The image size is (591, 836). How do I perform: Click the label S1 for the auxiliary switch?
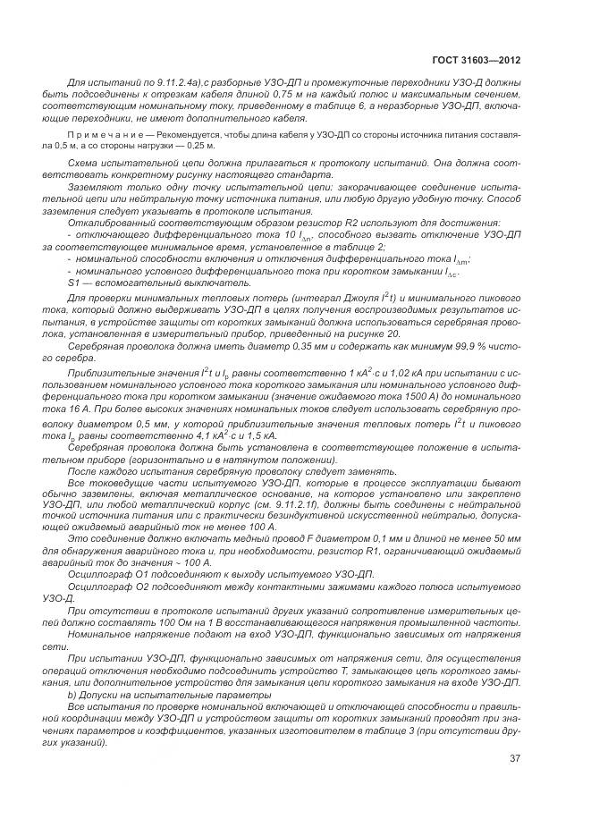pyautogui.click(x=75, y=282)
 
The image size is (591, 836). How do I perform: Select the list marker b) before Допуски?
pyautogui.click(x=72, y=694)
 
